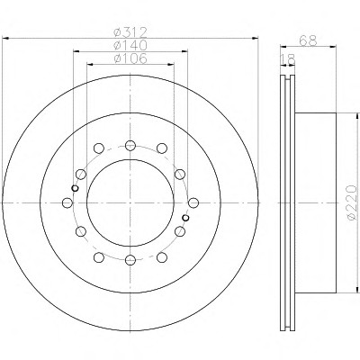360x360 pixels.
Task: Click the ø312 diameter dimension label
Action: tap(130, 31)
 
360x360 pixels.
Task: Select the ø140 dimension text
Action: tap(130, 45)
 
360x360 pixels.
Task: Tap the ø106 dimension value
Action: tap(130, 58)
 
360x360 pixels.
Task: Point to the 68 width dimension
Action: tap(308, 40)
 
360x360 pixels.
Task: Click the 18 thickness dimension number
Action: tap(287, 59)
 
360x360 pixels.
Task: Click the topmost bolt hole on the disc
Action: tap(130, 146)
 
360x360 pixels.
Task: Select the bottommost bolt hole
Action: tap(130, 260)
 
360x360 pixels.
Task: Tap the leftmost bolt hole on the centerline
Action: tap(67, 202)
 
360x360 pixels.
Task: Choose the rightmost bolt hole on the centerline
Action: tap(193, 202)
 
